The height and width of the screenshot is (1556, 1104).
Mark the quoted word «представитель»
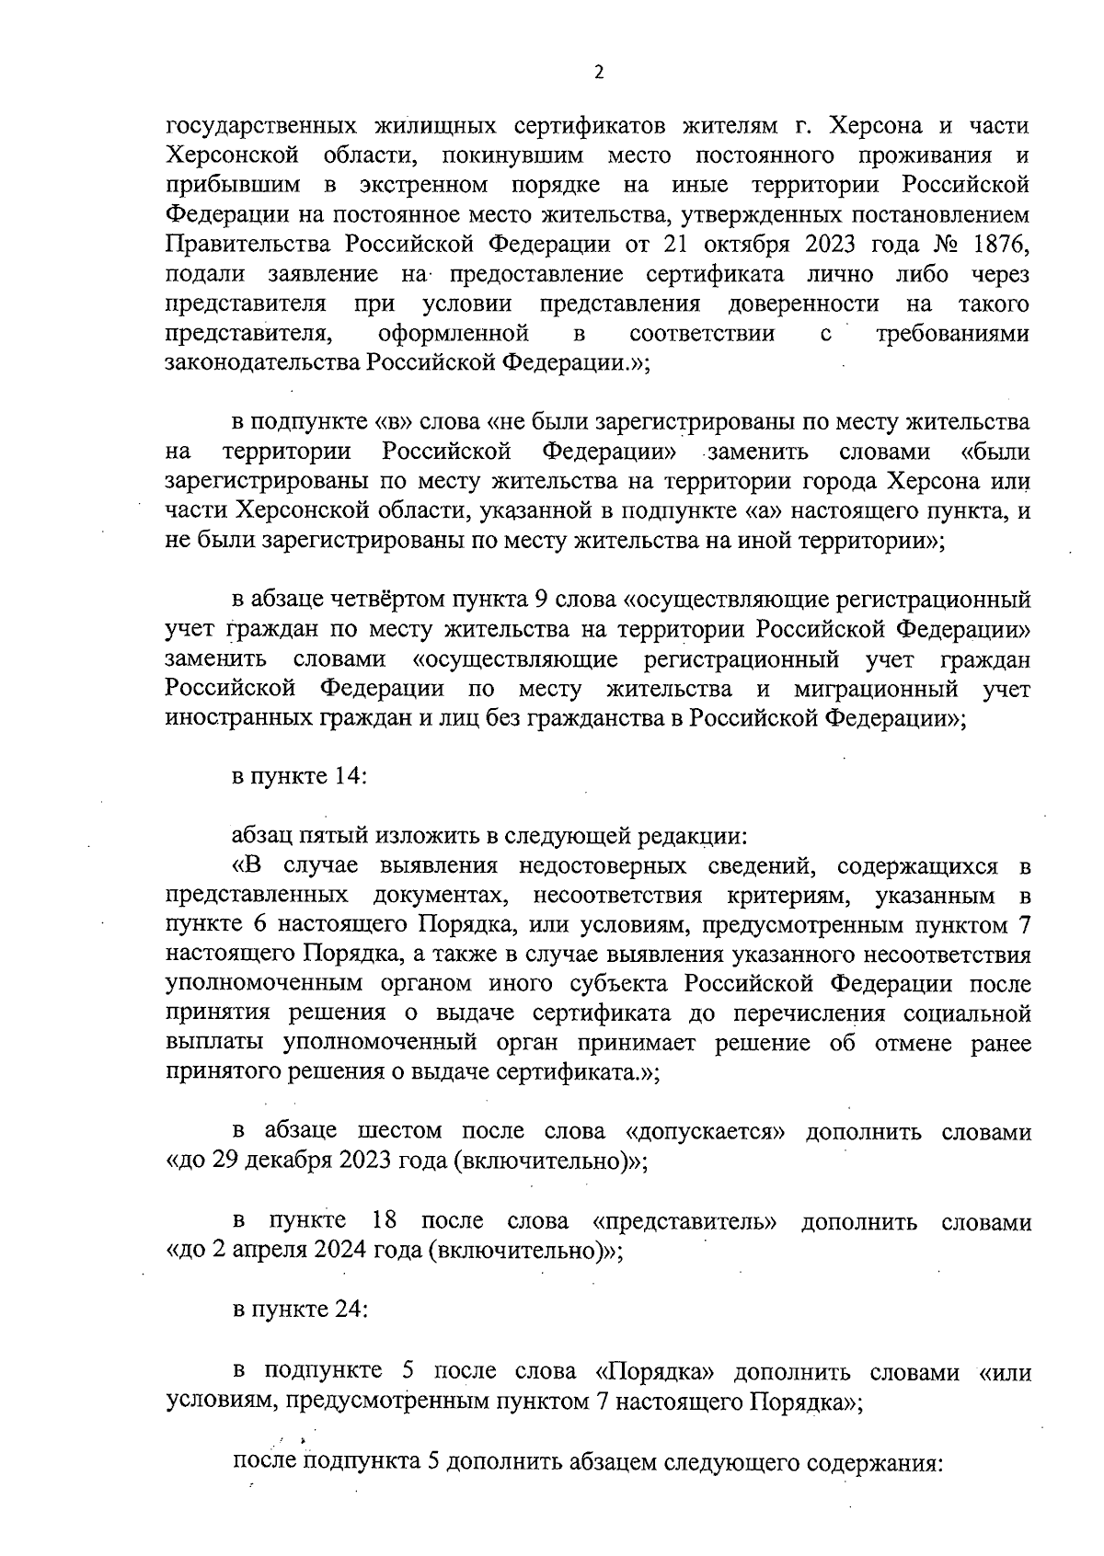(685, 1221)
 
